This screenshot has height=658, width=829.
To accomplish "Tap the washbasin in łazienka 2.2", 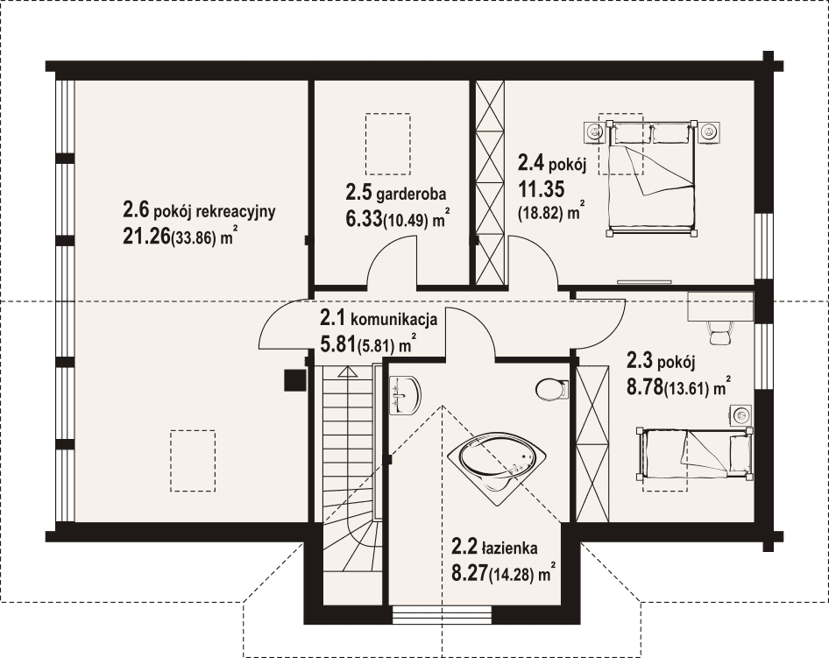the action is point(405,394).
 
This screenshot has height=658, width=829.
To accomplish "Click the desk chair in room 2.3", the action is point(719,332).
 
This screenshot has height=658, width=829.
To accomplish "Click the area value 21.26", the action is point(146,237).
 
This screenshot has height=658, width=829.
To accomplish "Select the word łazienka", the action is point(509,548).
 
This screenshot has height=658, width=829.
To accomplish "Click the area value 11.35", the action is point(541,188).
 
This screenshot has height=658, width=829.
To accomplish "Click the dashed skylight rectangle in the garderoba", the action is point(388,144).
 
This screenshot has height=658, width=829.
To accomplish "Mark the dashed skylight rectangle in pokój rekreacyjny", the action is point(193,461).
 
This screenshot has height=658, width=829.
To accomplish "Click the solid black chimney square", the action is point(294,380).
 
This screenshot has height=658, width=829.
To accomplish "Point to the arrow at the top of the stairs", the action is point(347,371).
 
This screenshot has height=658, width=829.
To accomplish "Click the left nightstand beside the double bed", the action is point(595,131).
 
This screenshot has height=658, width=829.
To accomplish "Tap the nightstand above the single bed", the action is point(742,415).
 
